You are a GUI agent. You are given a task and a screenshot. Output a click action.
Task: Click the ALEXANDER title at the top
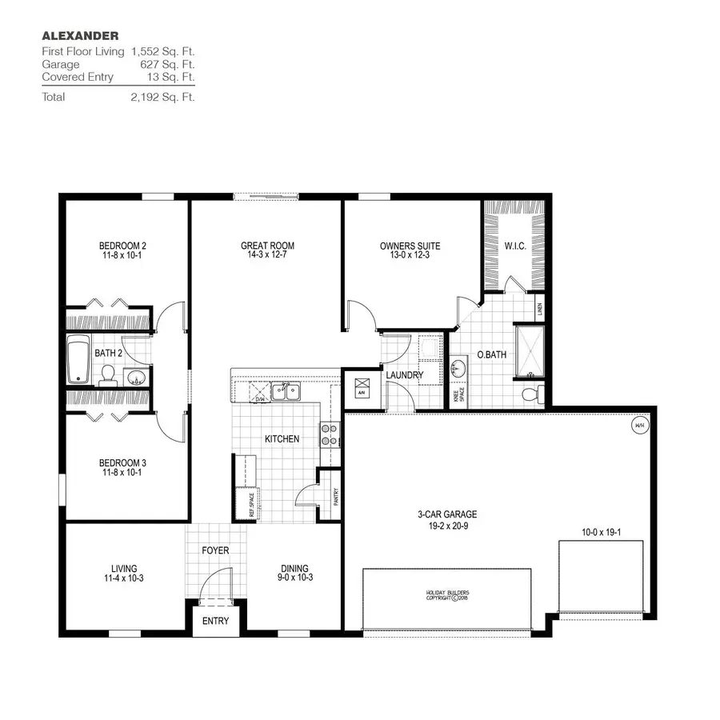[80, 35]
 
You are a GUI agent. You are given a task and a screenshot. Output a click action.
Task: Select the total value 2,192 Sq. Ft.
[162, 97]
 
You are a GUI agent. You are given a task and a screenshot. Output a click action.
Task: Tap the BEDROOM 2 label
[122, 246]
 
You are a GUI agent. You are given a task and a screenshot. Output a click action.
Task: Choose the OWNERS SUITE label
[410, 246]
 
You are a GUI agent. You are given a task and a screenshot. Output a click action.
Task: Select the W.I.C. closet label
[514, 246]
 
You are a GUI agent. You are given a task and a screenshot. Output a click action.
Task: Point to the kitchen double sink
[285, 392]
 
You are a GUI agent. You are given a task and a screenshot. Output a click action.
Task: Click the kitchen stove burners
[330, 434]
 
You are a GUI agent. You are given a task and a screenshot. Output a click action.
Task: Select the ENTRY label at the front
[215, 621]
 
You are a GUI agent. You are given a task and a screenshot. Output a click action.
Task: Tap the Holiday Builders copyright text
[446, 594]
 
